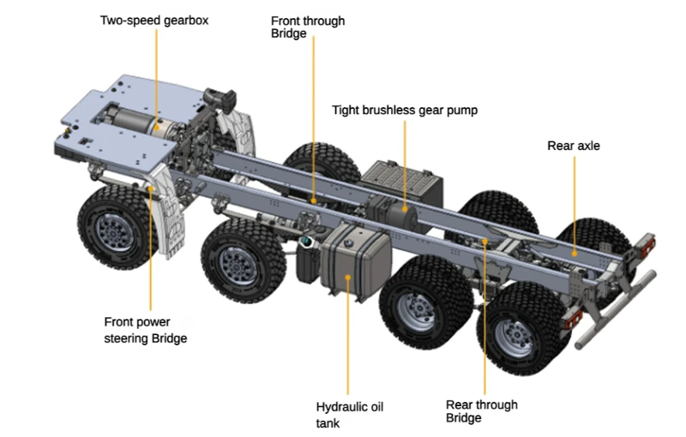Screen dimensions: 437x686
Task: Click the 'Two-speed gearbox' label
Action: (x=154, y=19)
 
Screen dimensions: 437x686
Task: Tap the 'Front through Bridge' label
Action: (x=307, y=27)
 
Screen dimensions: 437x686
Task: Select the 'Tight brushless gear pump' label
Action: (x=404, y=110)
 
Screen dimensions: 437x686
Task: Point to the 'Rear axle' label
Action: (x=574, y=146)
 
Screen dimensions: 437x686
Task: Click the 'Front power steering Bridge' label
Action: (x=145, y=330)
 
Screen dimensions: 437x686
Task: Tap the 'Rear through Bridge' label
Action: (x=482, y=410)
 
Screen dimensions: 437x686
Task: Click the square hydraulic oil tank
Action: (x=354, y=258)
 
